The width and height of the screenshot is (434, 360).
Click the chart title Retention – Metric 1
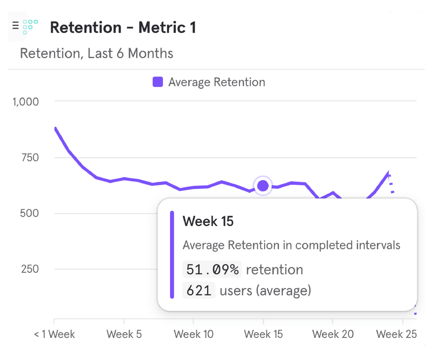123,28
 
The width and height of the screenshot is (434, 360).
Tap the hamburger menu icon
16,25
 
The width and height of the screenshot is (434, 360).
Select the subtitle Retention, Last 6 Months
97,54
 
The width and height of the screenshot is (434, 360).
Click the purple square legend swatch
157,82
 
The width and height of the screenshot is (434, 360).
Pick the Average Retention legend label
217,82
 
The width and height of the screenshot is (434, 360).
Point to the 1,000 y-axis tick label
26,102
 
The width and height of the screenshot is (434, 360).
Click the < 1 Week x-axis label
54,334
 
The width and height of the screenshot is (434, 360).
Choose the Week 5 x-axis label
124,334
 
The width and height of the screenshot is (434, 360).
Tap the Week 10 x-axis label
193,334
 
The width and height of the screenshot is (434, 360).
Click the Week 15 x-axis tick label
263,334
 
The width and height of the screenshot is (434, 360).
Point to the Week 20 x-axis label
333,334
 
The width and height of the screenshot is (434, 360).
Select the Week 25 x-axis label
397,334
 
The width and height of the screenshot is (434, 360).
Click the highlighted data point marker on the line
263,186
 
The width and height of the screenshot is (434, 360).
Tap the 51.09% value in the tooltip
212,270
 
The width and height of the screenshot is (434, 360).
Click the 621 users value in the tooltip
199,291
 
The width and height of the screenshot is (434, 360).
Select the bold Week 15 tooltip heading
208,221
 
